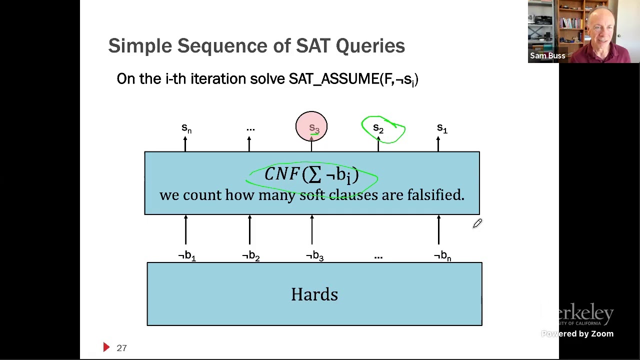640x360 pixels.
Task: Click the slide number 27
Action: (121, 348)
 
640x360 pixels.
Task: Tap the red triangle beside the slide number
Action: (106, 347)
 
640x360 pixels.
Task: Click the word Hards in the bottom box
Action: (314, 294)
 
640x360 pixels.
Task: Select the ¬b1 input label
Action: (187, 256)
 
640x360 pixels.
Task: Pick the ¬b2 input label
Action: (250, 256)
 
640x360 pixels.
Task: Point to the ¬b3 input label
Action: (314, 256)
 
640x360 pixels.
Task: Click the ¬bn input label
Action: (442, 256)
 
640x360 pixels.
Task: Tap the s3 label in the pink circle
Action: (313, 128)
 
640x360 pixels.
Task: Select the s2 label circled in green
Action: (378, 129)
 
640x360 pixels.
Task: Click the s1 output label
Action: (442, 129)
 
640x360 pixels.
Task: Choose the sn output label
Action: (186, 128)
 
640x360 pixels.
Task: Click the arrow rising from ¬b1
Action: (185, 230)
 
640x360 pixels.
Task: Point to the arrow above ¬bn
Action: (438, 230)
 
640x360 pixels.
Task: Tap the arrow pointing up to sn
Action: (185, 144)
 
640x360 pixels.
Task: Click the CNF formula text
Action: (311, 174)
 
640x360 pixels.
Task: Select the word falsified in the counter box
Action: (435, 195)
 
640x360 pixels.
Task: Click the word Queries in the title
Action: (370, 46)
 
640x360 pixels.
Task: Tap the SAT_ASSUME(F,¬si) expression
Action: (353, 79)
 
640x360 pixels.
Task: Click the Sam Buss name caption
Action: (547, 56)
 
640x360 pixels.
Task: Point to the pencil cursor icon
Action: (477, 224)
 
